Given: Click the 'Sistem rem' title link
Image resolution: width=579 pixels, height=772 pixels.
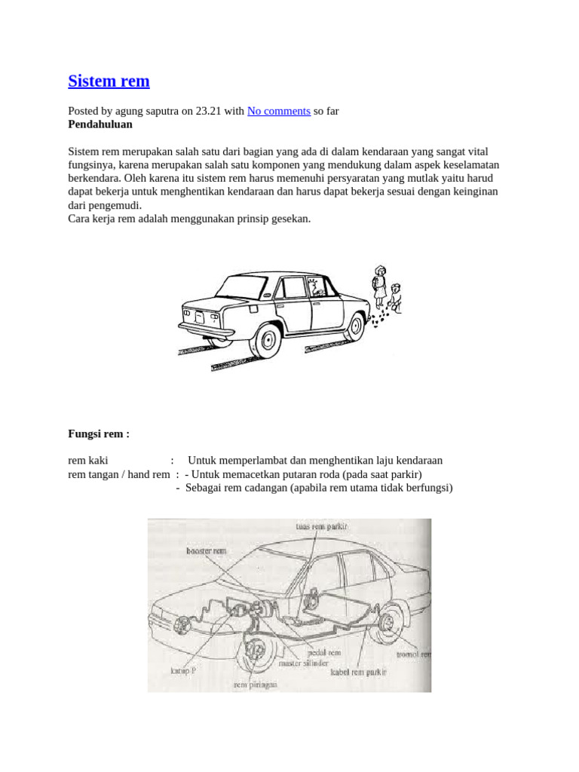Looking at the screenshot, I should point(109,81).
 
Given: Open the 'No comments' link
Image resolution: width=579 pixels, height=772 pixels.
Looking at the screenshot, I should point(278,111).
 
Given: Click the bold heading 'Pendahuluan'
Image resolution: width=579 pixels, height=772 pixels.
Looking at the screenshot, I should point(100,124).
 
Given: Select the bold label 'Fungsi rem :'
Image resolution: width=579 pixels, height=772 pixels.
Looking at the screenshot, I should point(99,434).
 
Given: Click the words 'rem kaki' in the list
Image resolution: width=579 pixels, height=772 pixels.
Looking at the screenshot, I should point(88,460).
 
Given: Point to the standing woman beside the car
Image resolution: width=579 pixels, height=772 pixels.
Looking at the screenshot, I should point(379,286).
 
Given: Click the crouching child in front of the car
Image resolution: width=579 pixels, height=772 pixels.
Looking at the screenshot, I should point(395,298).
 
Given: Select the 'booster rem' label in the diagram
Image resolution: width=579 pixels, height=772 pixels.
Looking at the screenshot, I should point(206,551).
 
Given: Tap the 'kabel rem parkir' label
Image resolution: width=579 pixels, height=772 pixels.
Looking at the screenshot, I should point(359,671).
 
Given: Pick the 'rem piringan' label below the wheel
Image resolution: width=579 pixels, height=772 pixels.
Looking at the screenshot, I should point(256,685).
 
